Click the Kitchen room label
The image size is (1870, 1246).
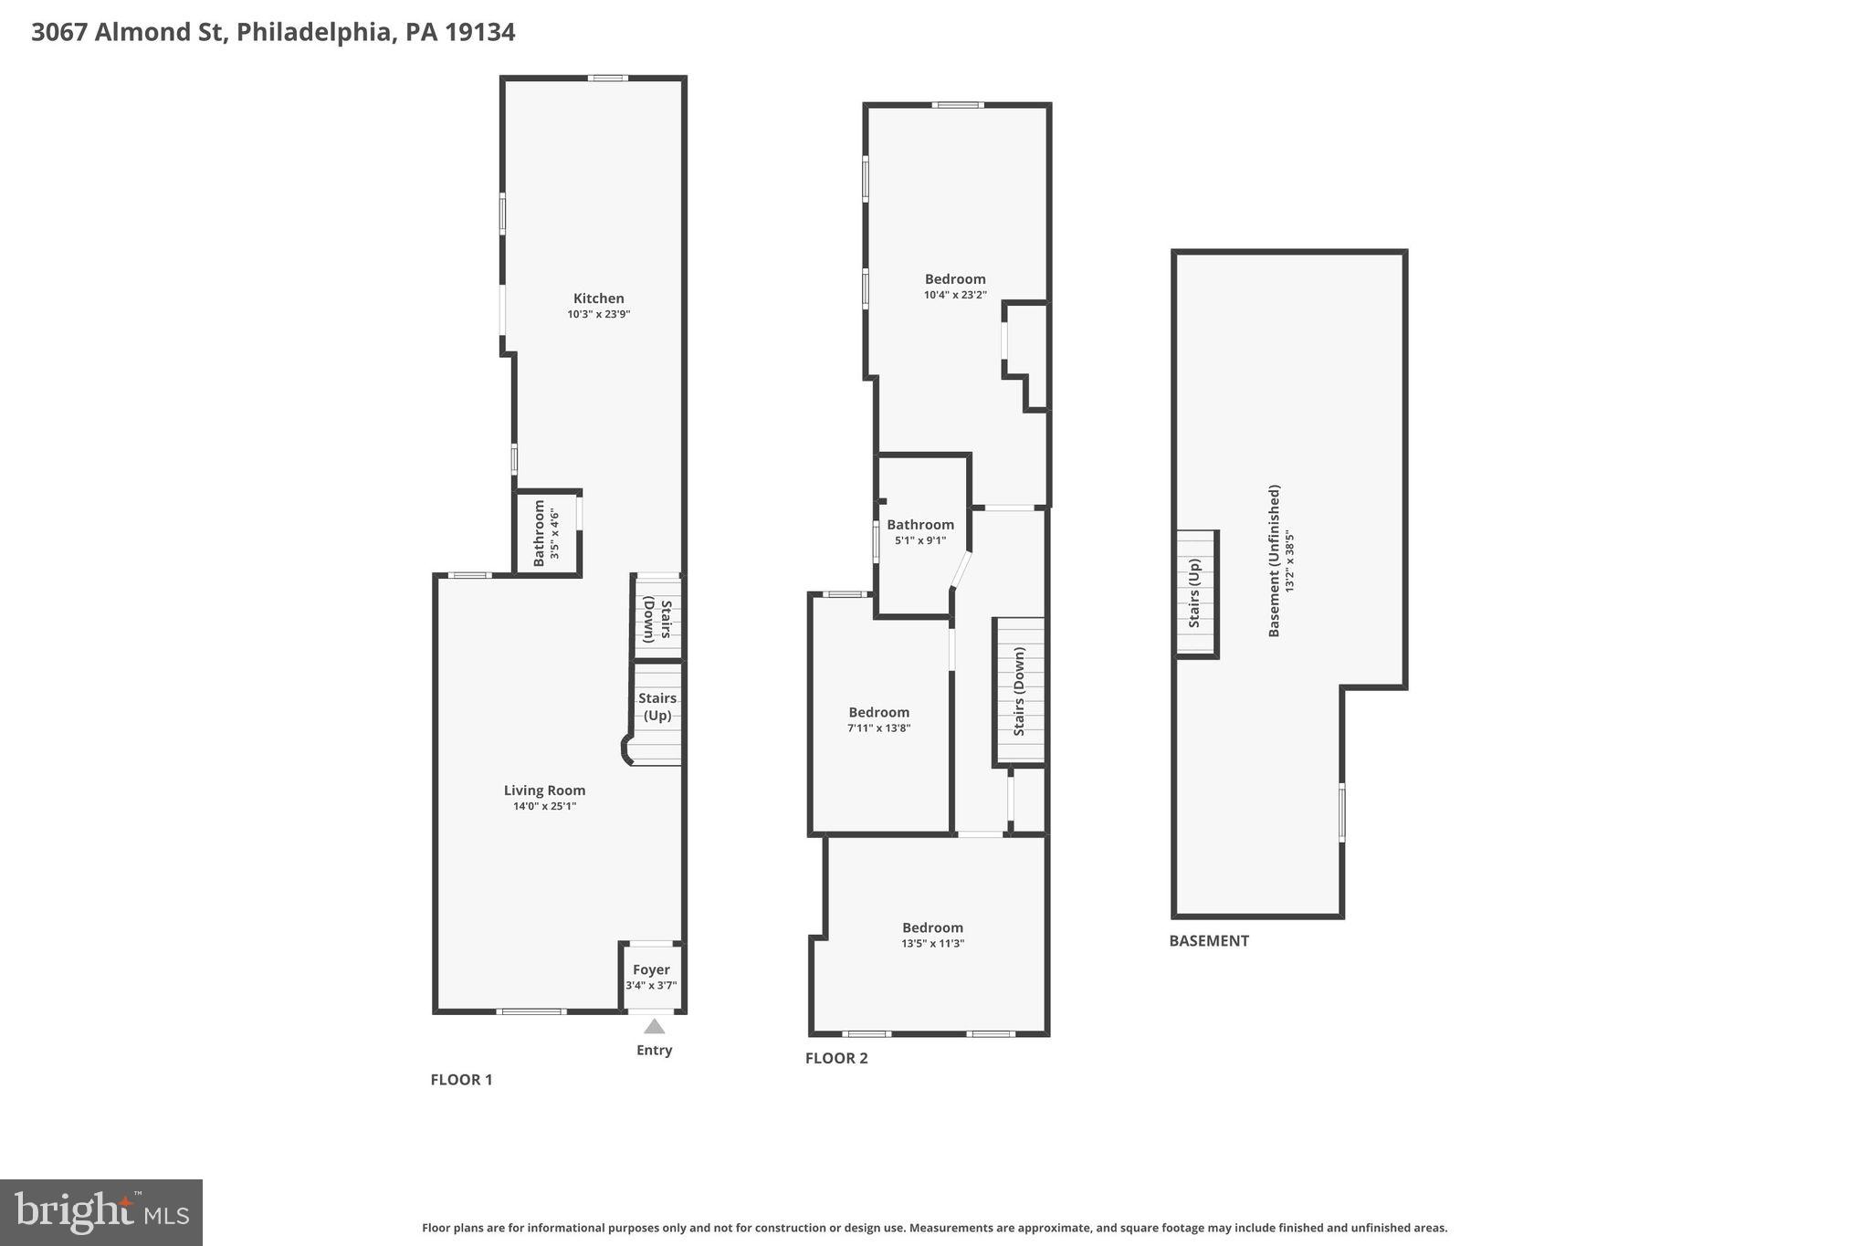[x=598, y=298]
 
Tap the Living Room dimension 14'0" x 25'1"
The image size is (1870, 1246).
[x=544, y=806]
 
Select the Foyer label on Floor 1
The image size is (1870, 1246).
[x=651, y=969]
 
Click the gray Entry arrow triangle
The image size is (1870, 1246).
[x=654, y=1026]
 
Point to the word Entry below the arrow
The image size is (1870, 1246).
[x=654, y=1050]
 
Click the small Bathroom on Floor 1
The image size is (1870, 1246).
[x=545, y=533]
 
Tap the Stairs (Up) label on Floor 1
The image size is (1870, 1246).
[x=657, y=707]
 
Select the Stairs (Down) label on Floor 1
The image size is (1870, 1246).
[x=657, y=620]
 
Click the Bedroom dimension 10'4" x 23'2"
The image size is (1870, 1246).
[x=955, y=295]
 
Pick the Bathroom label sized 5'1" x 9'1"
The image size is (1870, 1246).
[x=919, y=525]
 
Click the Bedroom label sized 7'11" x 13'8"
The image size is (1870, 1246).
[x=878, y=713]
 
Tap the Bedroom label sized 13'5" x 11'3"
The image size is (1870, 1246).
[x=932, y=927]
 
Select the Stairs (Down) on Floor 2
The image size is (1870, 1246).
[x=1019, y=691]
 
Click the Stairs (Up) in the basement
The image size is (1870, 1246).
[x=1194, y=593]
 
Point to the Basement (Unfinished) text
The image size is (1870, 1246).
[x=1275, y=560]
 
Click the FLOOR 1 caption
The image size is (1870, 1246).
[x=461, y=1079]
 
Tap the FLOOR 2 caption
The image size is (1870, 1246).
[x=836, y=1058]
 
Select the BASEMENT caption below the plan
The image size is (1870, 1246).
[x=1208, y=940]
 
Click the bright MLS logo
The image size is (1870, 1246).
[x=101, y=1212]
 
